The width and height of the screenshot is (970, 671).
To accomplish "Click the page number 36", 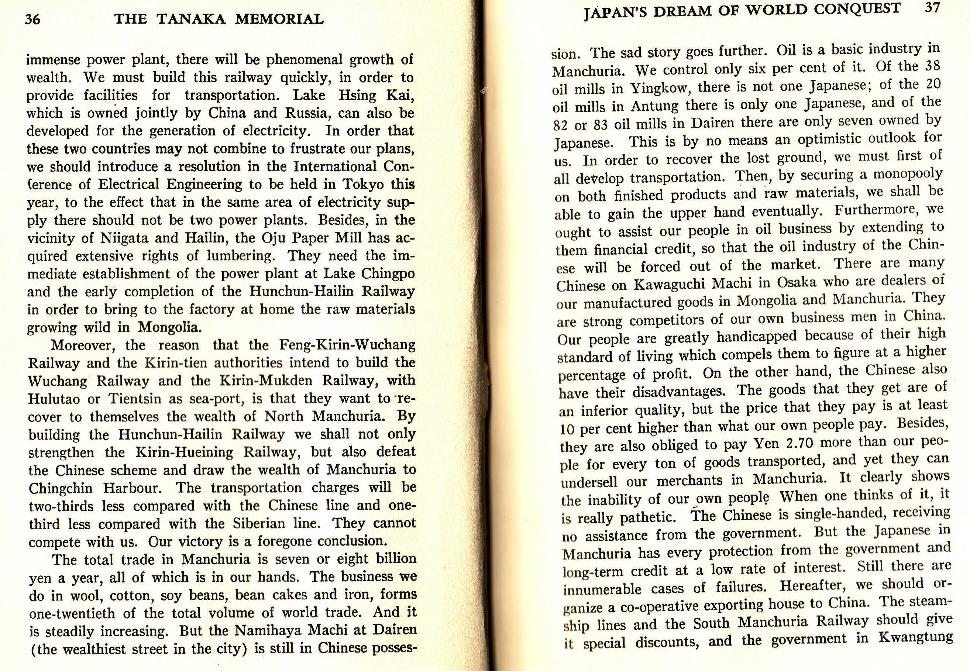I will [33, 19].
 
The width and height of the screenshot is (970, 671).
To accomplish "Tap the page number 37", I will [932, 8].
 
